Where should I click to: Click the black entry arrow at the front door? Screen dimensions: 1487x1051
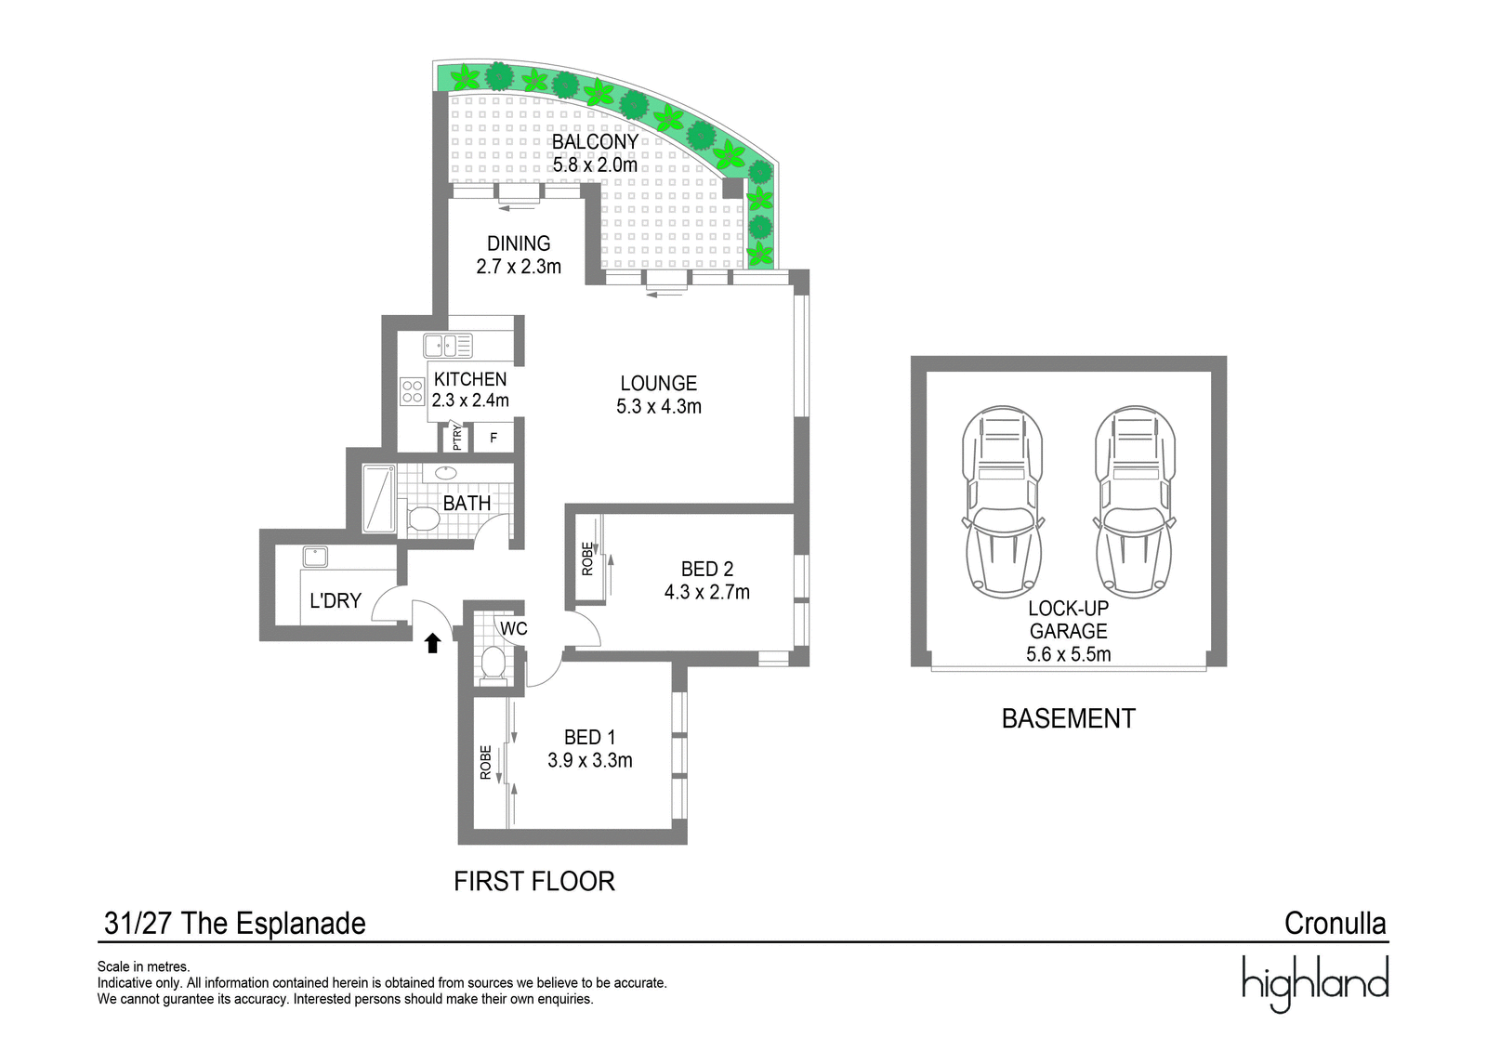[x=433, y=643]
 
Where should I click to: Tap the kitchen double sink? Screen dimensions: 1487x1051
[x=448, y=346]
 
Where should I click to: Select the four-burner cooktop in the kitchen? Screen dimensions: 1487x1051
[x=413, y=391]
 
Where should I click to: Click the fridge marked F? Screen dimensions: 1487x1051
[x=493, y=439]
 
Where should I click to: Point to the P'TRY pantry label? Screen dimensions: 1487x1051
[x=456, y=438]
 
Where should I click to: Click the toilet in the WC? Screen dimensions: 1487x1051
[x=493, y=663]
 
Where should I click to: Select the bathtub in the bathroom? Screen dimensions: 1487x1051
[x=379, y=499]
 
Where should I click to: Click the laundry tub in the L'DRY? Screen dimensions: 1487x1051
[x=315, y=557]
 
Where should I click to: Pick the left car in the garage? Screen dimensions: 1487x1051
[x=1003, y=502]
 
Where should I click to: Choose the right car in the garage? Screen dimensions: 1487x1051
[x=1135, y=502]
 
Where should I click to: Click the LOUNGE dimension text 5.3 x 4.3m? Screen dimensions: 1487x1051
[x=659, y=406]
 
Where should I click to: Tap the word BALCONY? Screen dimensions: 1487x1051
[x=595, y=141]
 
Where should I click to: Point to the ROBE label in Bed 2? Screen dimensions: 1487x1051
[x=587, y=559]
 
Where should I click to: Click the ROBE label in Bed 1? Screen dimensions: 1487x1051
[x=486, y=762]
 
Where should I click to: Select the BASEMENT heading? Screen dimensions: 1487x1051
[x=1069, y=718]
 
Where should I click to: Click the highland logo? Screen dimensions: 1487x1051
[x=1315, y=984]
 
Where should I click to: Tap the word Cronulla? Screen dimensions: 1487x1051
[x=1335, y=924]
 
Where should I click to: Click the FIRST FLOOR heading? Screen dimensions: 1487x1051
[x=534, y=881]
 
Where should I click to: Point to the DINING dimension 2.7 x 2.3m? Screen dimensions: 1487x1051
[x=519, y=267]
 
